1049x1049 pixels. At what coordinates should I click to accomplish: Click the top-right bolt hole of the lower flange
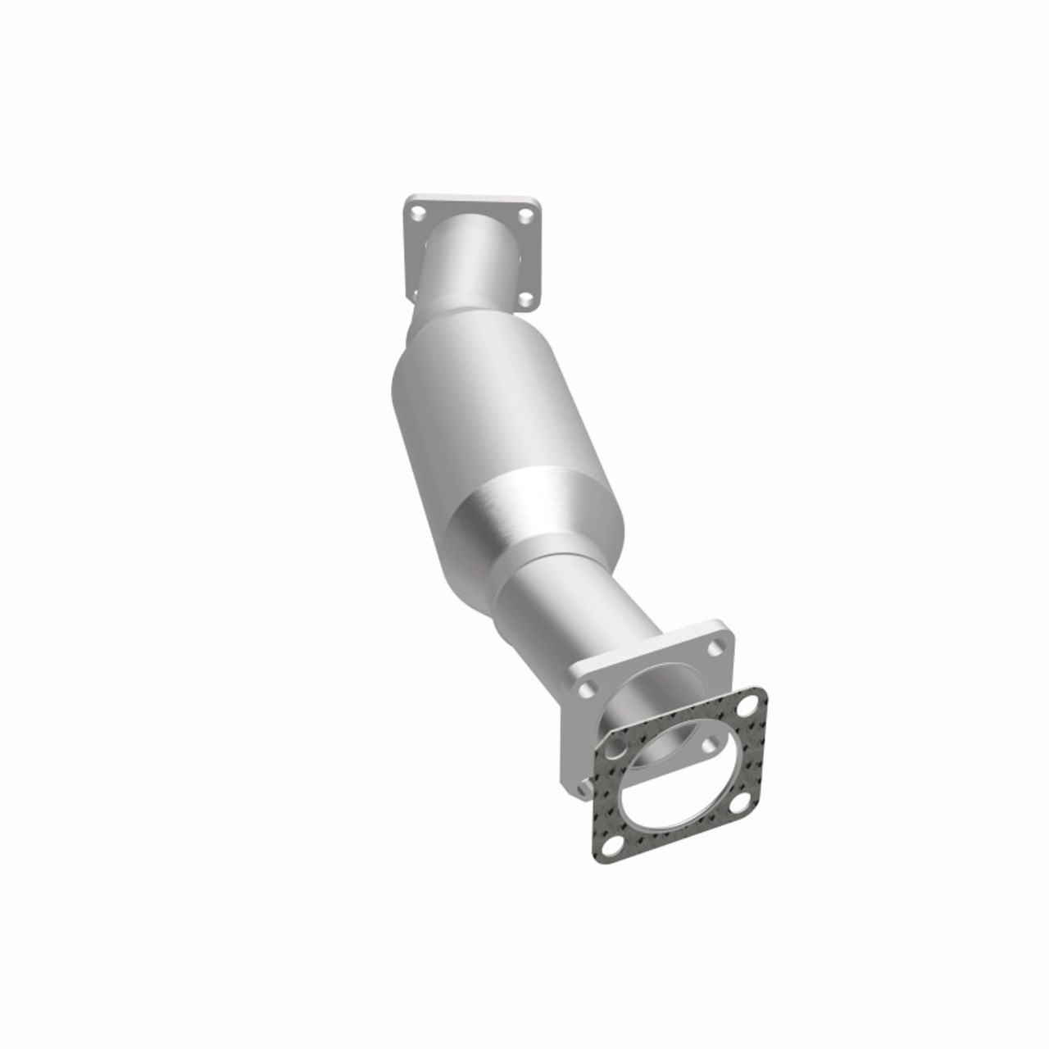coord(718,647)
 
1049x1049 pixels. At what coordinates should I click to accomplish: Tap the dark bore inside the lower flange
coord(656,721)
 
